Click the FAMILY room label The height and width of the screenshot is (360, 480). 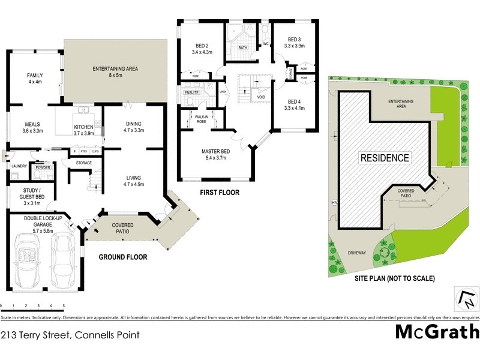[34, 75]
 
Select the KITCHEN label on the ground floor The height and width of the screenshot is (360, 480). [83, 127]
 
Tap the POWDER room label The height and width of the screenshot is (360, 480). [43, 167]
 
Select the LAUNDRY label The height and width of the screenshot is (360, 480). [19, 166]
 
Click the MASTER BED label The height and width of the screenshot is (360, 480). [215, 151]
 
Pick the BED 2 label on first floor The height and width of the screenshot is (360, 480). [202, 46]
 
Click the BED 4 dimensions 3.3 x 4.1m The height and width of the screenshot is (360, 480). [294, 108]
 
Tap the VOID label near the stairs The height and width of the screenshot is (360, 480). [261, 97]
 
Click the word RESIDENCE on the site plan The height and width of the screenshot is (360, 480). [385, 158]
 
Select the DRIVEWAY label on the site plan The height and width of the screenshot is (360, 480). [356, 253]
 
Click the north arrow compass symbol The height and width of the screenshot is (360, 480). [463, 297]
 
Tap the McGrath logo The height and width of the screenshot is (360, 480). [437, 331]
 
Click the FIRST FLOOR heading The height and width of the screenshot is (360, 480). [220, 193]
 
